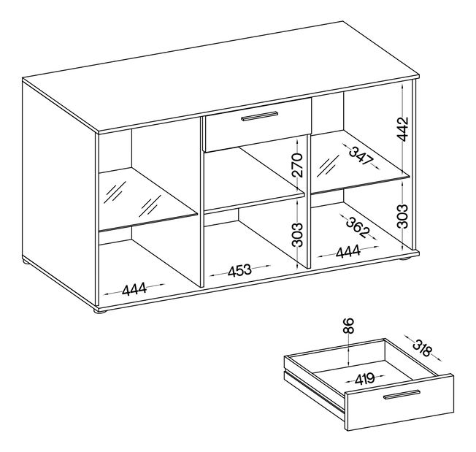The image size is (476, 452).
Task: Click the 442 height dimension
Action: click(403, 129)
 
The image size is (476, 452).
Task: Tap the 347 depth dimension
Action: click(361, 156)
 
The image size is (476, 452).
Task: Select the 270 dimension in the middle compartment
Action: click(297, 165)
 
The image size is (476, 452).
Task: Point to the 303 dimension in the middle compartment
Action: click(297, 234)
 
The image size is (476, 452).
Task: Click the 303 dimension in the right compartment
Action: click(403, 216)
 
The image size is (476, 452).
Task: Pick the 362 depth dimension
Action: click(358, 226)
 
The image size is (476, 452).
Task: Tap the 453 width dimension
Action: click(239, 270)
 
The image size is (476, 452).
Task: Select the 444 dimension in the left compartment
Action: click(134, 289)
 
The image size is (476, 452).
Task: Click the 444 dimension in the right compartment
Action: click(348, 252)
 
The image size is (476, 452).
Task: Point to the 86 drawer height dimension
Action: click(350, 326)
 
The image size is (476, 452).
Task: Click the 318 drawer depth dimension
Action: click(422, 348)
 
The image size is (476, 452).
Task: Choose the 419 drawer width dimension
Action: click(364, 379)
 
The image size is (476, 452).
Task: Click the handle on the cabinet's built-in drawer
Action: click(260, 116)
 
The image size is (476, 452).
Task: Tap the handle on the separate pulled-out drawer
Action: click(402, 394)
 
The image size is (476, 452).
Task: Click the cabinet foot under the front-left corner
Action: click(100, 310)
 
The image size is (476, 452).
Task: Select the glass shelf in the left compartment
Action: click(148, 199)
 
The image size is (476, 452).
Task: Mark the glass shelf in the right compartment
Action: click(361, 161)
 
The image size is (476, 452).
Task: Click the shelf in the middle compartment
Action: click(254, 180)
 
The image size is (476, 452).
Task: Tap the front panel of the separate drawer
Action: click(399, 402)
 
